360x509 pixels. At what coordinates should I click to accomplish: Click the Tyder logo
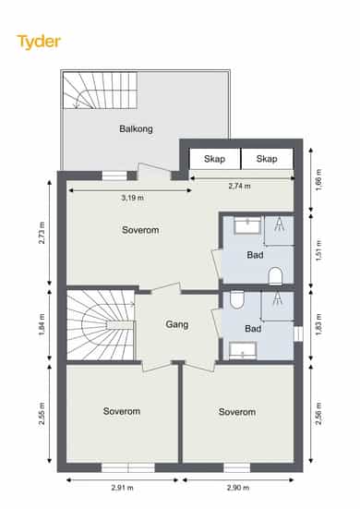pos(39,42)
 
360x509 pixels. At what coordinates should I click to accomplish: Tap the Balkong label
pos(136,129)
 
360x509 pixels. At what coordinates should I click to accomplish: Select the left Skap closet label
pos(214,159)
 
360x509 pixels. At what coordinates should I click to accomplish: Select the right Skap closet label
pos(267,159)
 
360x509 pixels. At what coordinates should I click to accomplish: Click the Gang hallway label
pos(176,324)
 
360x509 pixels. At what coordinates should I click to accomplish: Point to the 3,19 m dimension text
pos(132,198)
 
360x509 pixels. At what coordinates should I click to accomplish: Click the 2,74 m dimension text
pos(239,186)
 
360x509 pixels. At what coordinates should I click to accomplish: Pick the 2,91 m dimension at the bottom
pos(122,487)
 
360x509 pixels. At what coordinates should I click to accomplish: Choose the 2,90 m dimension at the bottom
pos(238,487)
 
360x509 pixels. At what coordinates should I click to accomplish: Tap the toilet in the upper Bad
pos(276,276)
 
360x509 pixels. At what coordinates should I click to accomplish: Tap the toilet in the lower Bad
pos(236,299)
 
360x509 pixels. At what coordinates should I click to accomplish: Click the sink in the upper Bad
pos(247,225)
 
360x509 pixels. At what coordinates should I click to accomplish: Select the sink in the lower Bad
pos(243,351)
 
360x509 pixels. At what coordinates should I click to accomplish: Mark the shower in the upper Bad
pos(280,230)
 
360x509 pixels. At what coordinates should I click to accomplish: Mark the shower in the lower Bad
pos(278,306)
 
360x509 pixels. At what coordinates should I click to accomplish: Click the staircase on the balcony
pos(100,91)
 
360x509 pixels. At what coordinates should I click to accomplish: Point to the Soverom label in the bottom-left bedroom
pos(122,411)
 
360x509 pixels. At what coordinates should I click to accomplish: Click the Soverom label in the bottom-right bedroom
pos(237,412)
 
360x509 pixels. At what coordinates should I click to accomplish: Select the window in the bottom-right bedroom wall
pos(236,467)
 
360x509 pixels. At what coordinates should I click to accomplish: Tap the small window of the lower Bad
pos(298,334)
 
